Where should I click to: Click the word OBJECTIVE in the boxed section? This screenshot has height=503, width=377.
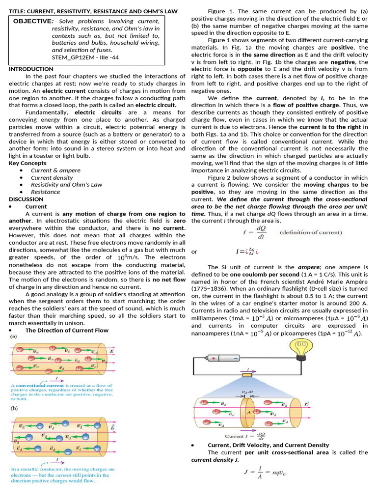32,21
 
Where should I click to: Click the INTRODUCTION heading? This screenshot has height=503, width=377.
31,69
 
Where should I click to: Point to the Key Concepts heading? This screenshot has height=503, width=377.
27,163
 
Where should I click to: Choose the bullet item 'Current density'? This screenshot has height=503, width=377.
52,177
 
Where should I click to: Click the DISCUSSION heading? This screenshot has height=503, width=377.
26,199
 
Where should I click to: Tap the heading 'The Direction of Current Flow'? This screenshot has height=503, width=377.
67,330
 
